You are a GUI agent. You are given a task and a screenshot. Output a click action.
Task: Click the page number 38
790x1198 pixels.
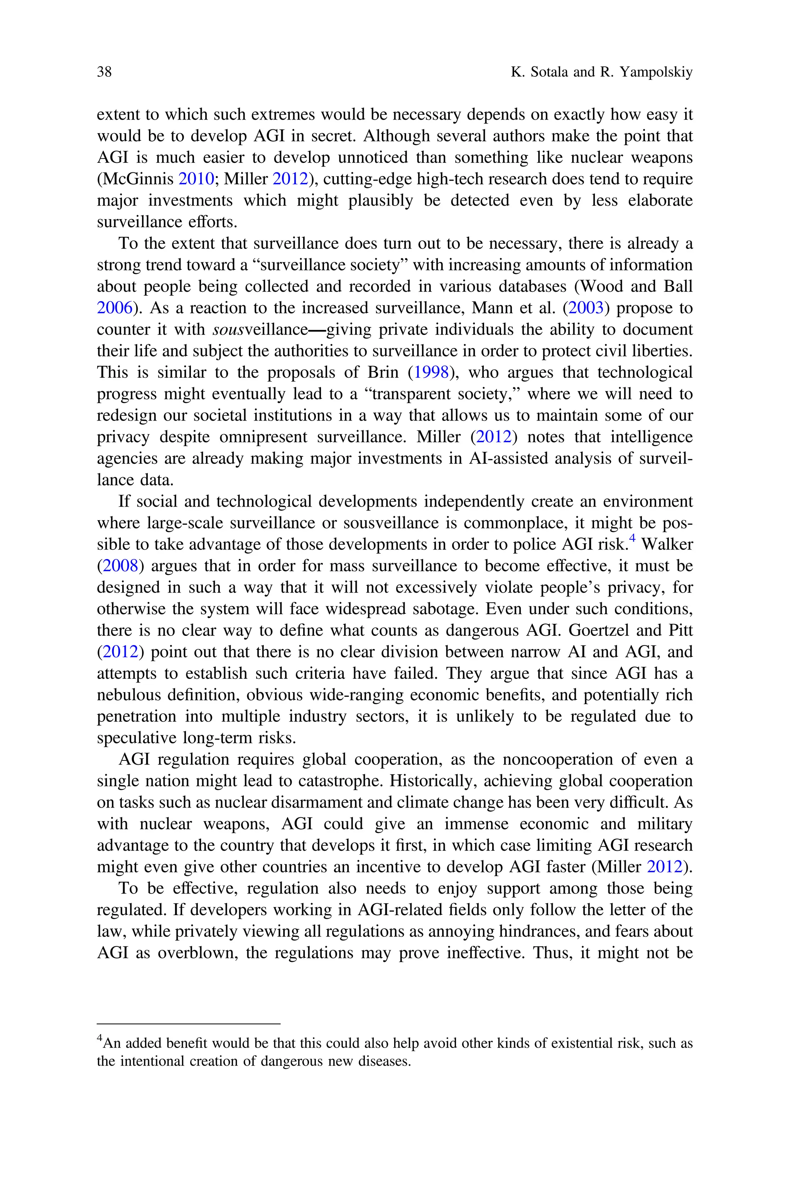click(x=104, y=72)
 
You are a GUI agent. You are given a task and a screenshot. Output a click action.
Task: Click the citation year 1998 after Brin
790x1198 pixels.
click(x=431, y=372)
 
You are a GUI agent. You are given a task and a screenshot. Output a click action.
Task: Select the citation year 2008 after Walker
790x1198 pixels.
click(x=120, y=566)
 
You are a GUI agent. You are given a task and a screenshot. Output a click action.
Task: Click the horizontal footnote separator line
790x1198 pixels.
click(x=188, y=1024)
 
